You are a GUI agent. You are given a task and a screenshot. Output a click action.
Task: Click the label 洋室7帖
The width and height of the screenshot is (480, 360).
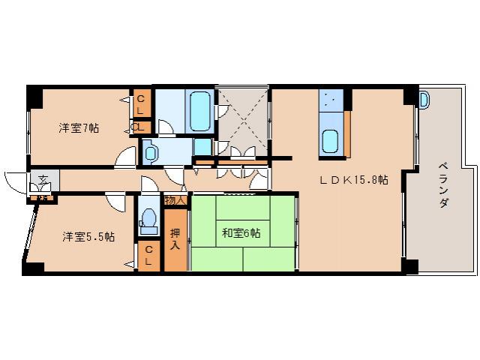[x=79, y=128]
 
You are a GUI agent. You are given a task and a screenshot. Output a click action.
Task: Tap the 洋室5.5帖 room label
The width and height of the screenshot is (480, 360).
[x=88, y=236]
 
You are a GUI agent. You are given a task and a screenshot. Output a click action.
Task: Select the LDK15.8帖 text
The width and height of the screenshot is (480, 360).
[x=355, y=180]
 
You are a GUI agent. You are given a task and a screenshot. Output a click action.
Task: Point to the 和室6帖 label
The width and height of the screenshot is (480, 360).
[x=241, y=233]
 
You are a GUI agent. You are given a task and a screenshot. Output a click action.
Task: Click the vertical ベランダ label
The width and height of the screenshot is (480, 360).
[x=442, y=184]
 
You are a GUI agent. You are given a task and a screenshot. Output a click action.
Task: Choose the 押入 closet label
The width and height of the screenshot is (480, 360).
[x=175, y=238]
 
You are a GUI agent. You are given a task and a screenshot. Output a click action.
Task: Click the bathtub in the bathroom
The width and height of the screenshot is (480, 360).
[x=200, y=111]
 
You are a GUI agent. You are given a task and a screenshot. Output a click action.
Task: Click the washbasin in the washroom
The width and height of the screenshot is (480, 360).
[x=151, y=153]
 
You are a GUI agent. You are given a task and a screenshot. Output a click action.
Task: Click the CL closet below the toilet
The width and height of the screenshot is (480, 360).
[x=148, y=255]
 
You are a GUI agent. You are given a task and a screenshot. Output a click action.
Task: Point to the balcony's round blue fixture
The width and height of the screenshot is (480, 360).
[x=424, y=98]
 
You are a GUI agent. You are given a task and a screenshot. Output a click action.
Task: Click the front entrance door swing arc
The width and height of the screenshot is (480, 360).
[x=16, y=181]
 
